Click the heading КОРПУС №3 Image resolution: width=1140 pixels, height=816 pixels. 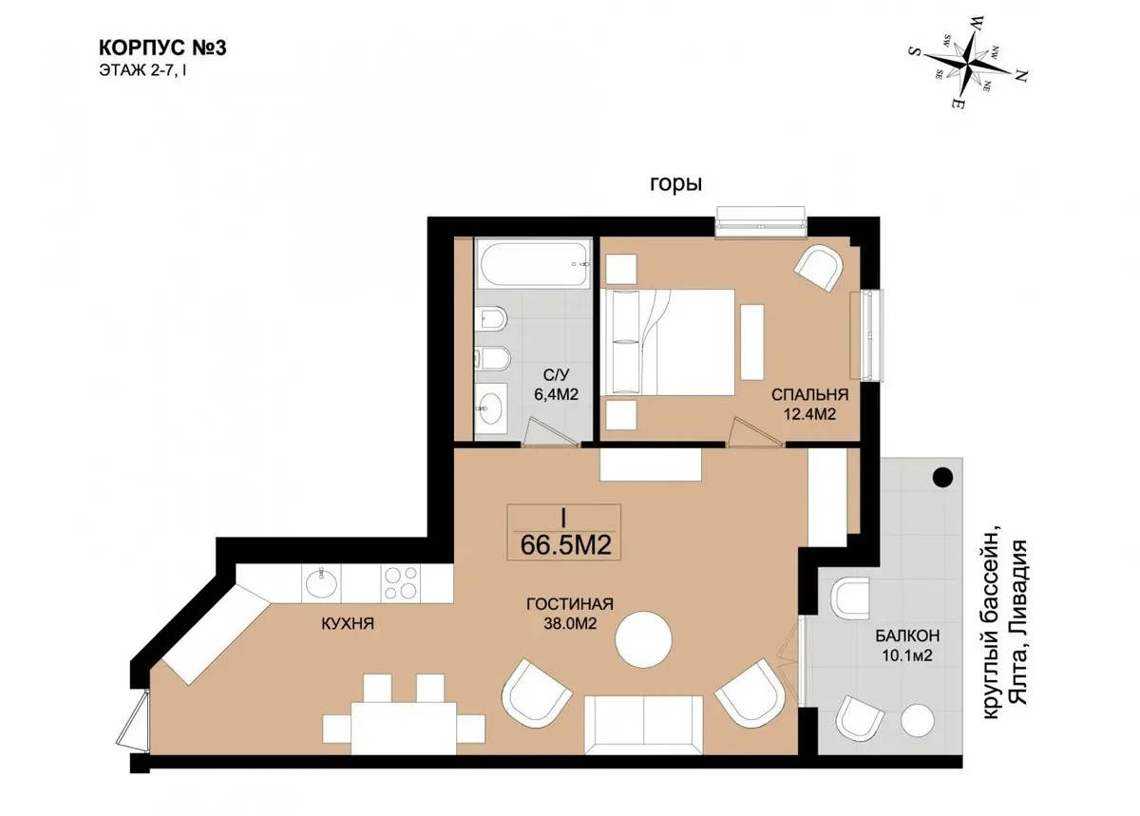tap(162, 47)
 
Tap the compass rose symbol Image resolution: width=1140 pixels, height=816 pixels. tap(966, 65)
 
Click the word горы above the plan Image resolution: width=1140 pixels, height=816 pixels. tap(675, 183)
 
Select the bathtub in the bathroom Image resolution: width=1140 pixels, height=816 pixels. tap(533, 265)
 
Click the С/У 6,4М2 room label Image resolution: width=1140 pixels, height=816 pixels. tap(556, 385)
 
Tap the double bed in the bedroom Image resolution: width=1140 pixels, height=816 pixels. tap(668, 342)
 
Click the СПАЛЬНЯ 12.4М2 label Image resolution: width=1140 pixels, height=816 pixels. tap(809, 405)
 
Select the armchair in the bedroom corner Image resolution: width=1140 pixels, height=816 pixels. tap(819, 268)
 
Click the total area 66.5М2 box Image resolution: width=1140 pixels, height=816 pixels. tap(564, 533)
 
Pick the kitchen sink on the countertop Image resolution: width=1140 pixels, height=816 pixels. tap(321, 583)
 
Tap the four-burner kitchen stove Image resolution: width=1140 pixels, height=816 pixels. tap(401, 583)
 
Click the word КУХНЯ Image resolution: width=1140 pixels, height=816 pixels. tap(348, 623)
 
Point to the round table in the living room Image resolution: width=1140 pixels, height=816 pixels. tap(643, 639)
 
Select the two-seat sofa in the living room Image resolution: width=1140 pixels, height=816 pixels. tap(644, 725)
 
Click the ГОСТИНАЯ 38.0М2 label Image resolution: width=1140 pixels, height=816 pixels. tap(570, 614)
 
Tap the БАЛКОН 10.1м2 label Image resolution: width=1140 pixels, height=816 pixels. tap(907, 645)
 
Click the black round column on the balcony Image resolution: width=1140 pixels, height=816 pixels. tap(942, 478)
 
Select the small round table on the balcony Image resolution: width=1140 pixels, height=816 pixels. tap(918, 720)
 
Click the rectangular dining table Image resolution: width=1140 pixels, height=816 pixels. tap(404, 728)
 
